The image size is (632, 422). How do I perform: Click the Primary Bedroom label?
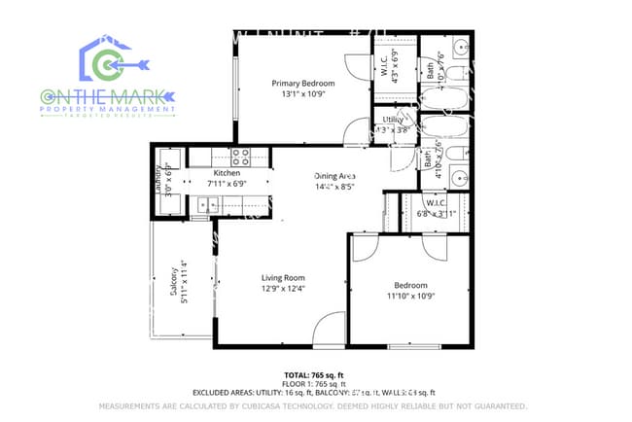point(302,84)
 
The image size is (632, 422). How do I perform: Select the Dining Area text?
point(334,176)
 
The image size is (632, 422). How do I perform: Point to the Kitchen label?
point(227,173)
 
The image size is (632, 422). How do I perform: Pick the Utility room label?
point(393,120)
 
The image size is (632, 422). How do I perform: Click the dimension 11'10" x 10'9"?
point(407,296)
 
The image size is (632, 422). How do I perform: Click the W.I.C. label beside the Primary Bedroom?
point(387,60)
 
